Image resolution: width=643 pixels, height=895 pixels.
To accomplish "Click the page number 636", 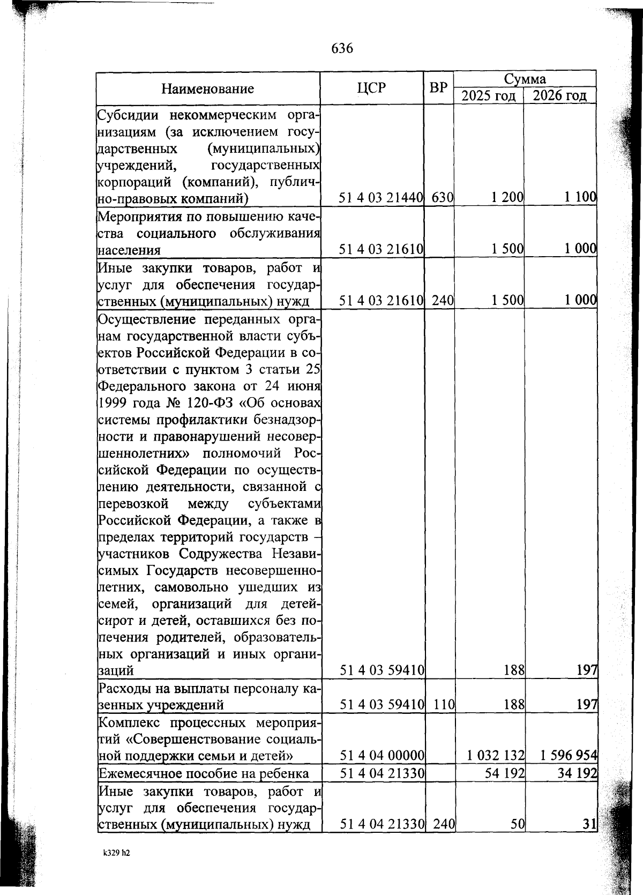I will [342, 49].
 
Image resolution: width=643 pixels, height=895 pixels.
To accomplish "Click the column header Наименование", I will [208, 89].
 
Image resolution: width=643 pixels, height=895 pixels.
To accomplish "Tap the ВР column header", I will [438, 87].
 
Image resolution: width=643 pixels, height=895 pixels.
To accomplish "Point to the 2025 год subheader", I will [489, 96].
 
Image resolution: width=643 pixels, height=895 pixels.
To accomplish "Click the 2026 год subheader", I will [560, 96].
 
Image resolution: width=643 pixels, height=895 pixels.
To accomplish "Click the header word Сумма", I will [525, 79].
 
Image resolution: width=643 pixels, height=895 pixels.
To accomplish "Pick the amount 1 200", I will [507, 198].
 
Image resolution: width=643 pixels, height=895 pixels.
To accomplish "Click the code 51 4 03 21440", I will [381, 198].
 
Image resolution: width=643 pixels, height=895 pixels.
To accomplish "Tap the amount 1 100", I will [580, 198].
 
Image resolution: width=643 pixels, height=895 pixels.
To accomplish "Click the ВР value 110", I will [444, 704].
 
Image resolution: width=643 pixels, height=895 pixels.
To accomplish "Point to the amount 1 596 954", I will [568, 756].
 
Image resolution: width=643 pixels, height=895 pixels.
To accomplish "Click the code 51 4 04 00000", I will [382, 756].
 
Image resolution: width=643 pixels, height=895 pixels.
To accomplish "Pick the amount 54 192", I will [505, 773].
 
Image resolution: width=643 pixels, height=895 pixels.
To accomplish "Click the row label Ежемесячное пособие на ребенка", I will [203, 773].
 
